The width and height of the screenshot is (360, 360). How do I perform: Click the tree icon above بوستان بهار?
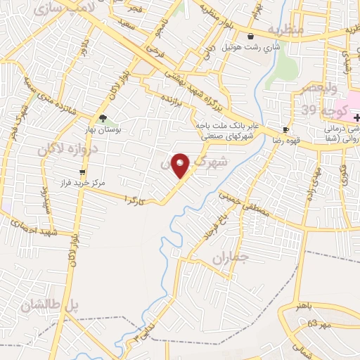(103, 118)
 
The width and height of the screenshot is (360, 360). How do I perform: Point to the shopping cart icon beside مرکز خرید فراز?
(83, 172)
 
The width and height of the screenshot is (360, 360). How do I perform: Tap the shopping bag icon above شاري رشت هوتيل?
(250, 37)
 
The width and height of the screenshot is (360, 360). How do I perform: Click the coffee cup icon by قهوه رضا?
(286, 129)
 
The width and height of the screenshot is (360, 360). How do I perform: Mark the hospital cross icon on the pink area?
(356, 119)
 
